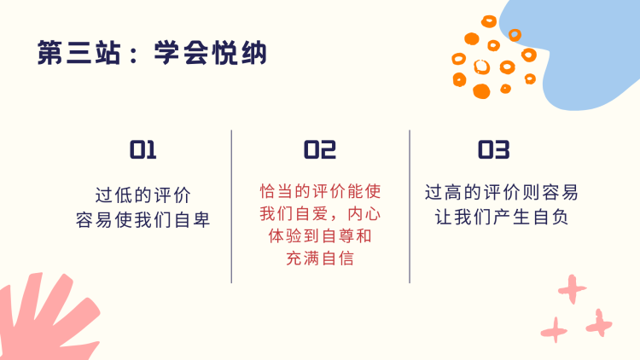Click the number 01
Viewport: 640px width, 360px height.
coord(143,149)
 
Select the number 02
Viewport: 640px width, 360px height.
coord(320,149)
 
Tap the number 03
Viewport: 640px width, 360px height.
coord(494,149)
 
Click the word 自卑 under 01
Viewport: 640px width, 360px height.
coord(192,220)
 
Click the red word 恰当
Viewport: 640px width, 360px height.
coord(277,191)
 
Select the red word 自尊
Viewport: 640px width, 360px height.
coord(338,236)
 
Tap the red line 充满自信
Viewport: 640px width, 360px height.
coord(320,258)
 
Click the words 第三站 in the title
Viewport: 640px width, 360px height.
coord(79,53)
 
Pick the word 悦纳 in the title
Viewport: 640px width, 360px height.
coord(240,53)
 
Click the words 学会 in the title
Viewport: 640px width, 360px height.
coord(181,53)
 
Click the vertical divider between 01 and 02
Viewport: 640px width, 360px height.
coord(231,206)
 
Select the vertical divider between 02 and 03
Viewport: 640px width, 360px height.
coord(410,206)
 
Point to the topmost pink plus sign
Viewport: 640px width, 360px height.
coord(573,289)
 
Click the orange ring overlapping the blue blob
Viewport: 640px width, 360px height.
coord(515,35)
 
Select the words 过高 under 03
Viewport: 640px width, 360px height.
coord(443,192)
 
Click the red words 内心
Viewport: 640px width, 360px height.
coord(364,213)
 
